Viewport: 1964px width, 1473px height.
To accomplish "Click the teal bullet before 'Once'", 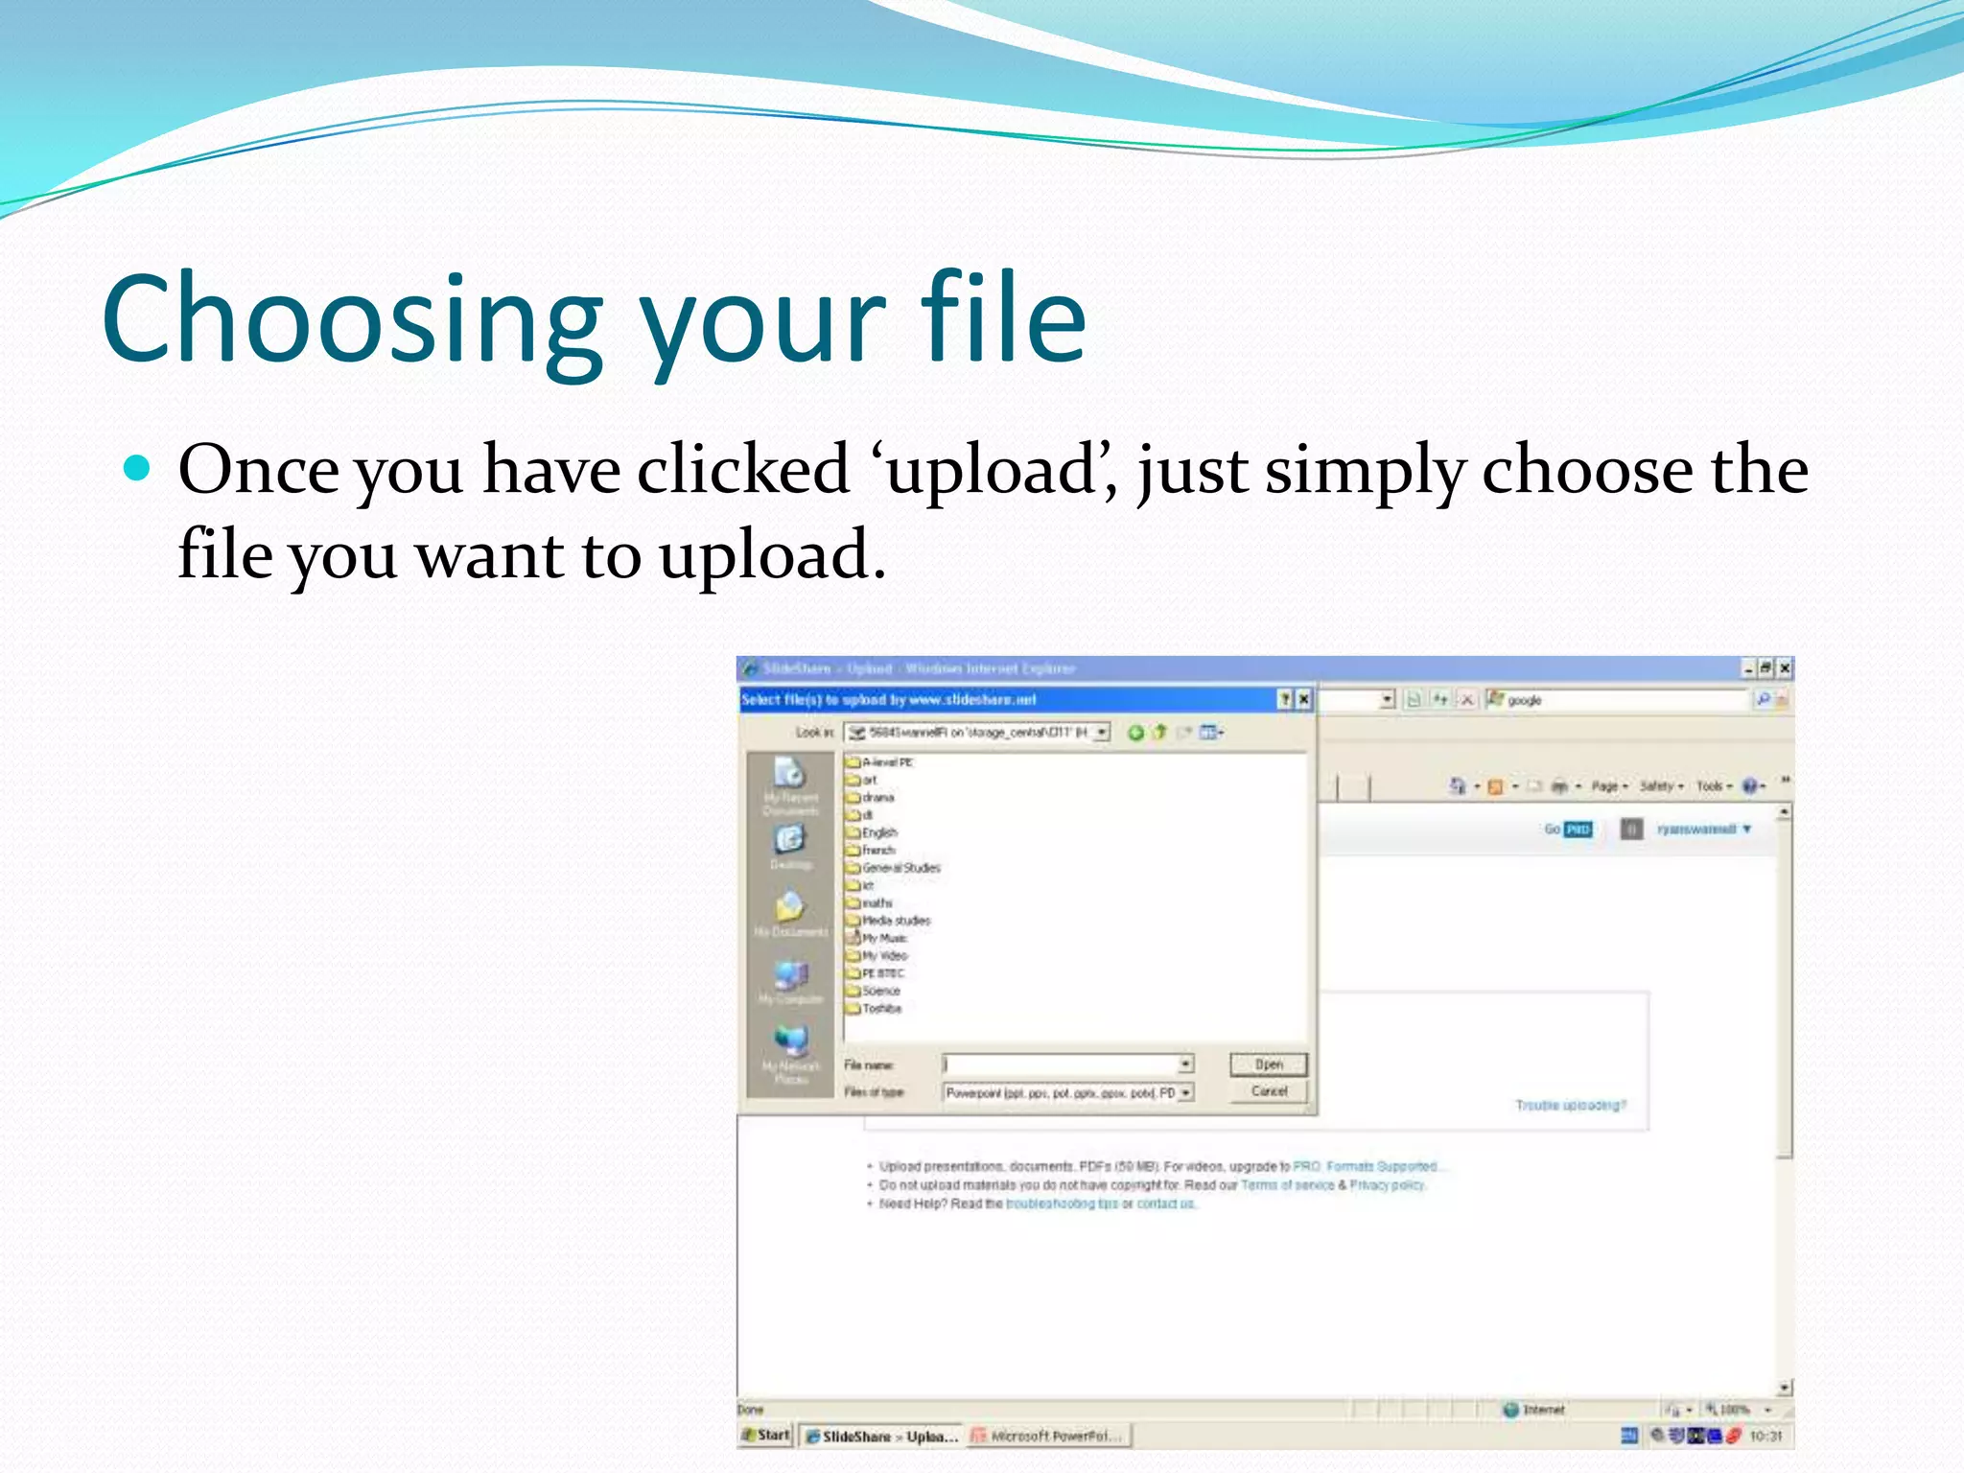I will click(138, 468).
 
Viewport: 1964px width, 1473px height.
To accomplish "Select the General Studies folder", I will click(900, 868).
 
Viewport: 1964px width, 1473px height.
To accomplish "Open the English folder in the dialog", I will click(878, 832).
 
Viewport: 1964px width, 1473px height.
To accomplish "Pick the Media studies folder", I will click(895, 921).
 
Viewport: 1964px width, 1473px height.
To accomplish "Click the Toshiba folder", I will click(880, 1009).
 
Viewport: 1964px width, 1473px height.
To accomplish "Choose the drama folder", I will click(877, 797).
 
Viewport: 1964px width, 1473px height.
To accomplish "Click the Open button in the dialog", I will click(1268, 1064).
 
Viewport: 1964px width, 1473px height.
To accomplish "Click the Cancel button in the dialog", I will click(1268, 1091).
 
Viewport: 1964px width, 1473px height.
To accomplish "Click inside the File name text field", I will click(1060, 1064).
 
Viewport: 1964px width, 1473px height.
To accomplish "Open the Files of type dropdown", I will click(1186, 1093).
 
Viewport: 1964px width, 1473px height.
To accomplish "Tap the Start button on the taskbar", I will click(766, 1436).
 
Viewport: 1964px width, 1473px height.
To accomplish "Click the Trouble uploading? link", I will click(1570, 1106).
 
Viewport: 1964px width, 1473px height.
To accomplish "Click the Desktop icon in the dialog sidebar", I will click(790, 844).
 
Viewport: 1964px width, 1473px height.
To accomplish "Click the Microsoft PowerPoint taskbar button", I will click(1049, 1436).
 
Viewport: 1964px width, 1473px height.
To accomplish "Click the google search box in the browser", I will click(1621, 700).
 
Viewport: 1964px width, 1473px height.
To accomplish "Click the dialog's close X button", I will click(1303, 700).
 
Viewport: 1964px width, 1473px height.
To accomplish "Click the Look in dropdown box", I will click(976, 733).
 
